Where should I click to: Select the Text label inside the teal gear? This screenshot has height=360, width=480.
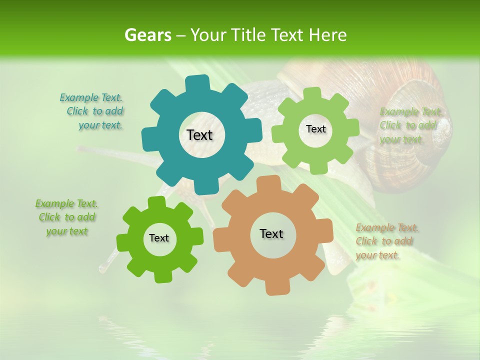tap(199, 135)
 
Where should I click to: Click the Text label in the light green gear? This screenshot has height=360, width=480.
tap(315, 129)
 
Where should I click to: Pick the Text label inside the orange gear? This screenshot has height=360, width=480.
tap(271, 233)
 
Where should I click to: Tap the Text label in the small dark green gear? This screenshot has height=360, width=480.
tap(159, 238)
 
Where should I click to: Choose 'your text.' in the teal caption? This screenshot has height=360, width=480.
tap(100, 125)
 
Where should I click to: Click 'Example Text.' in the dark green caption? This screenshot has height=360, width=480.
tap(66, 203)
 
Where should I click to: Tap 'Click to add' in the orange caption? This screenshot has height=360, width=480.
tap(384, 241)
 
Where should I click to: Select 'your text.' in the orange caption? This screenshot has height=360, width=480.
tap(378, 255)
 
